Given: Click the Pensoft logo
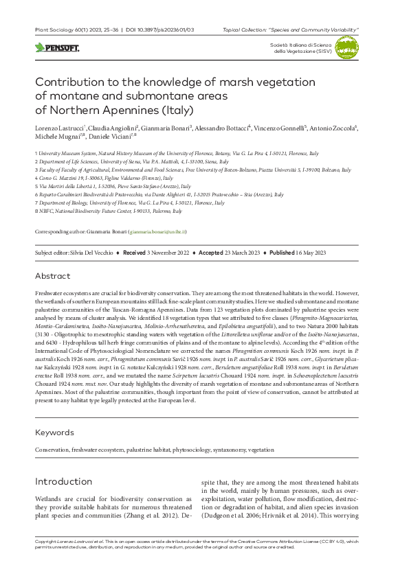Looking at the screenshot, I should tap(57, 48).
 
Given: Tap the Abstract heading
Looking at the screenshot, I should tap(52, 276).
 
